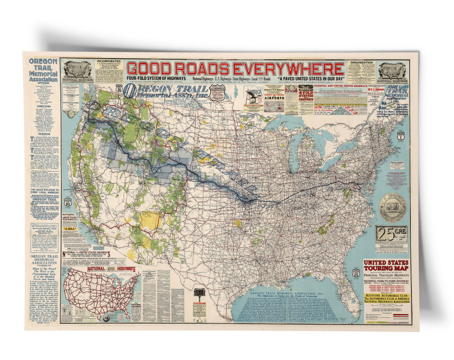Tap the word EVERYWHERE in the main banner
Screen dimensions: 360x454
[289, 69]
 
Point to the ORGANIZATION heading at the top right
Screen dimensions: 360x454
[361, 63]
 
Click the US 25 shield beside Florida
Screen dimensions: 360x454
[356, 272]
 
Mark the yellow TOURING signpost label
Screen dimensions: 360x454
[199, 304]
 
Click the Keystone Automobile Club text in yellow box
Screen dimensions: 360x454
[386, 296]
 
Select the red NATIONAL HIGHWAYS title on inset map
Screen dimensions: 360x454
[112, 269]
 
